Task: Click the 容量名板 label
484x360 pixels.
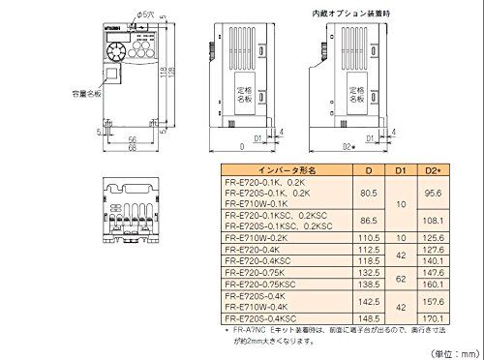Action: pyautogui.click(x=61, y=96)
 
